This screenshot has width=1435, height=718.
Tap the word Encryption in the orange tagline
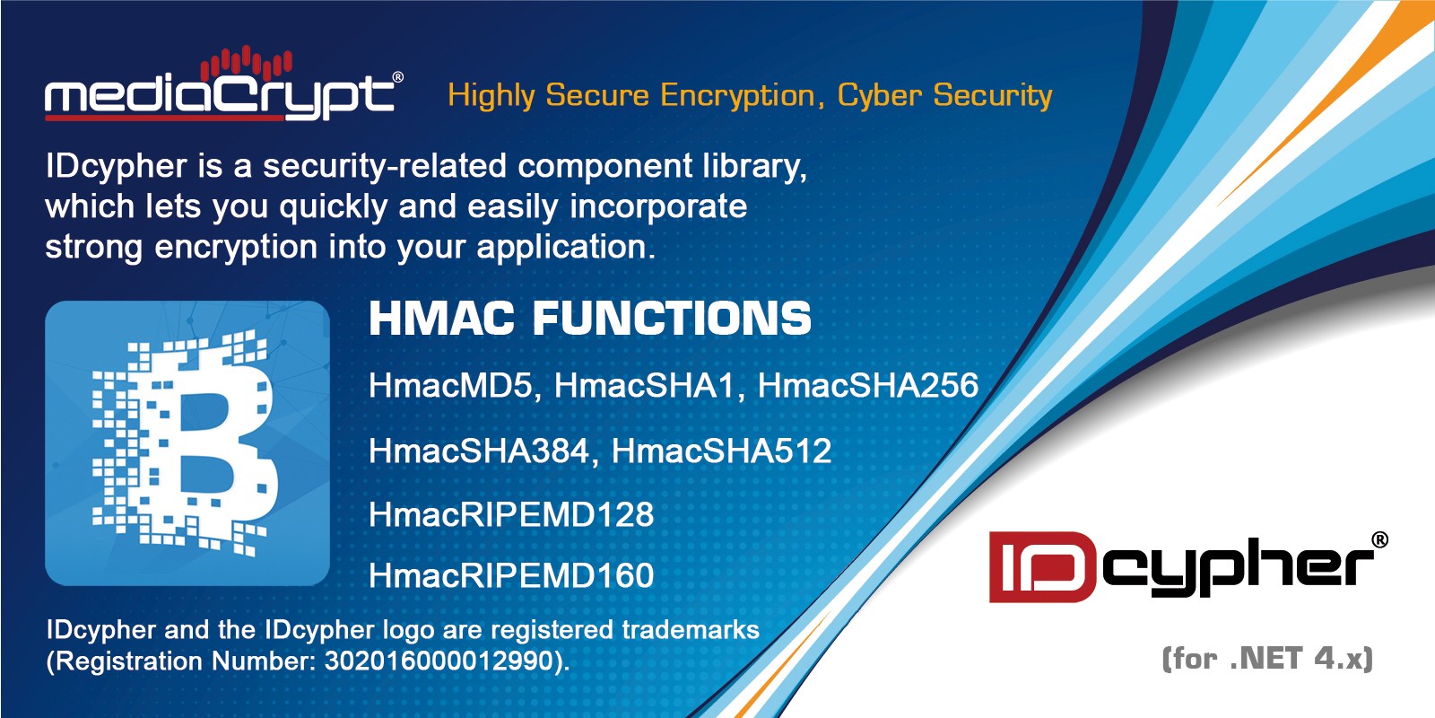[738, 96]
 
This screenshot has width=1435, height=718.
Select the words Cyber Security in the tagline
[945, 96]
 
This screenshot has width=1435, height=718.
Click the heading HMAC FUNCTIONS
[590, 318]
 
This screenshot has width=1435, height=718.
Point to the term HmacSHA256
[868, 386]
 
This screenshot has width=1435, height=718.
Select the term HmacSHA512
[721, 451]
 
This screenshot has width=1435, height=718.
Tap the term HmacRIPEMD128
[511, 515]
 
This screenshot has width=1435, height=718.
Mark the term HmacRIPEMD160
[511, 575]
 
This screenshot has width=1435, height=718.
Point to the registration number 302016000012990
[439, 661]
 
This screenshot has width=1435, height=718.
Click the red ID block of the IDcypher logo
[1042, 566]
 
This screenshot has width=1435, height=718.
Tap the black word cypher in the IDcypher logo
[1238, 567]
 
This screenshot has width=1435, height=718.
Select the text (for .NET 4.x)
[1267, 659]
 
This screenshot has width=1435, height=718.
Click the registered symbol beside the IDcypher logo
[1380, 540]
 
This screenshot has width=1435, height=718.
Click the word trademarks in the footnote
[691, 629]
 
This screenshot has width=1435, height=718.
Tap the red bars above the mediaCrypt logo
[247, 64]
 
